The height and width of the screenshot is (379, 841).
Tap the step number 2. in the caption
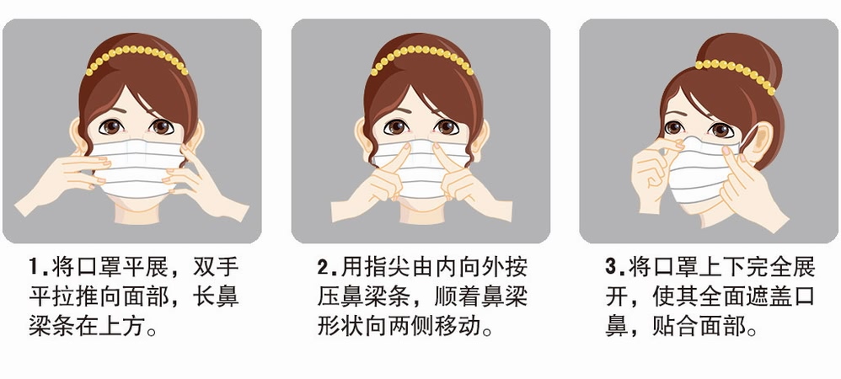pyautogui.click(x=327, y=270)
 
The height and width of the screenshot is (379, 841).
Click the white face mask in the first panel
pyautogui.click(x=135, y=168)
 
